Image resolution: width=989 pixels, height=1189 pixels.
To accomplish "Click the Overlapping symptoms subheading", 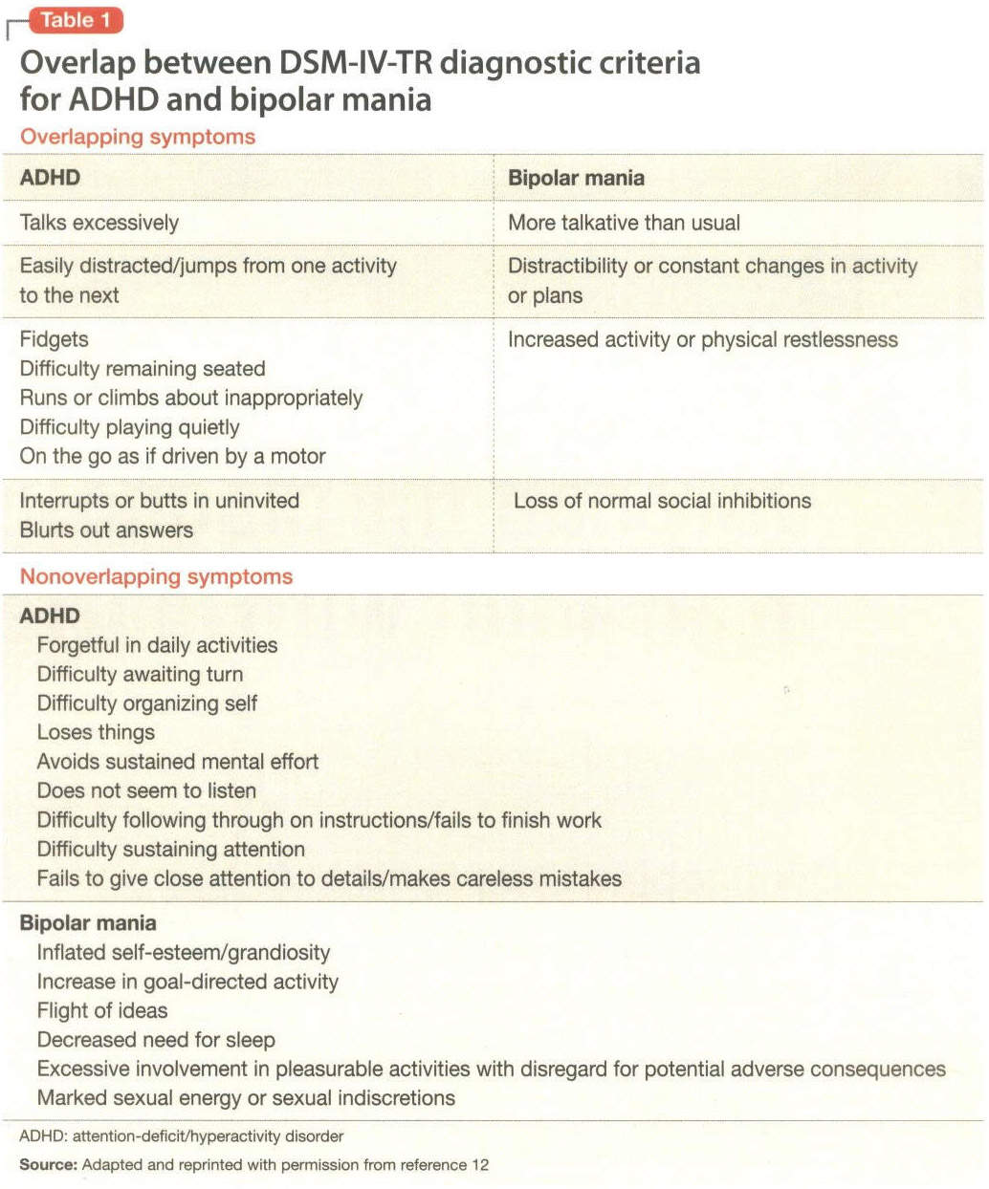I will tap(138, 137).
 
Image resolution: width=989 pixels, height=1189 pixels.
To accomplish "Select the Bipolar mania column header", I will tap(576, 178).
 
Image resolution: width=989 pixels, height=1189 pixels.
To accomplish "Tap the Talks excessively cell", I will tap(99, 223).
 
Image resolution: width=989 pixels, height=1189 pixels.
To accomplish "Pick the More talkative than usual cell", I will tap(624, 223).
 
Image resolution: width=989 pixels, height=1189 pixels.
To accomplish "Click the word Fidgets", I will tap(54, 339).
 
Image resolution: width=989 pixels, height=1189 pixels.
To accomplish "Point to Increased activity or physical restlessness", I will tap(702, 339).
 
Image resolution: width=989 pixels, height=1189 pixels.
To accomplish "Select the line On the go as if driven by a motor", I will tap(172, 456).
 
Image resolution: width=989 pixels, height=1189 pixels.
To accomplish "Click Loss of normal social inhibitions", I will tap(662, 500).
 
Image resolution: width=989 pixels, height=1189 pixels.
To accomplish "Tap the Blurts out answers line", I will tap(106, 530).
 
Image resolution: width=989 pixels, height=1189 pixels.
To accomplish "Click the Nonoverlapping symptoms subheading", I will tap(156, 576).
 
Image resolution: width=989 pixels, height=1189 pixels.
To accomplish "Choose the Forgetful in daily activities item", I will tap(157, 645).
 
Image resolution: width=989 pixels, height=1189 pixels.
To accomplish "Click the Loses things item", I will tap(96, 732).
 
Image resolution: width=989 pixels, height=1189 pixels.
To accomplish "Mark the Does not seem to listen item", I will tap(146, 790).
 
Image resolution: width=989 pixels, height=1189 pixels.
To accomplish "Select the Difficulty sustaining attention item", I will tap(170, 849).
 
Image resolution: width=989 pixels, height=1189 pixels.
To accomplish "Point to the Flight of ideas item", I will tap(101, 1010).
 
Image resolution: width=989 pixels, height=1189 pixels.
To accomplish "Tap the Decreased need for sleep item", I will tap(156, 1039).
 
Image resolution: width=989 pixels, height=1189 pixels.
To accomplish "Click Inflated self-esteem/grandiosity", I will tap(183, 952).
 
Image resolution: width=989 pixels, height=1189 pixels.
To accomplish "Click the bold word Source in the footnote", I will tap(47, 1164).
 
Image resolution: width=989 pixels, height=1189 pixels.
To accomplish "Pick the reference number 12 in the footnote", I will tap(479, 1164).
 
